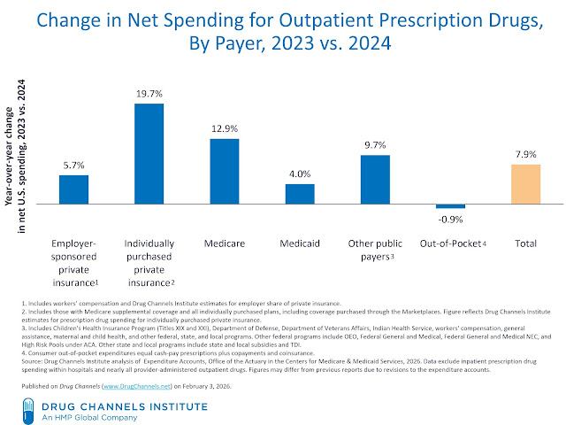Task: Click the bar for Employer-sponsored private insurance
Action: (x=74, y=189)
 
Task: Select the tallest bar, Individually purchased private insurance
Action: (x=149, y=154)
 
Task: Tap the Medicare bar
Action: (x=225, y=171)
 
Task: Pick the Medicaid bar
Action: (x=300, y=194)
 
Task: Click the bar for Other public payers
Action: (x=375, y=180)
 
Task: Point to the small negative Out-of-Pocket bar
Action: (x=450, y=206)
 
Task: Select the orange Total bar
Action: (x=525, y=184)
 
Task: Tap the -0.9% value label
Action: (x=451, y=218)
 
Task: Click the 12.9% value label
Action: (x=225, y=129)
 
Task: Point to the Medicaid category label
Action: (x=300, y=242)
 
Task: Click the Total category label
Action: (x=525, y=242)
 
